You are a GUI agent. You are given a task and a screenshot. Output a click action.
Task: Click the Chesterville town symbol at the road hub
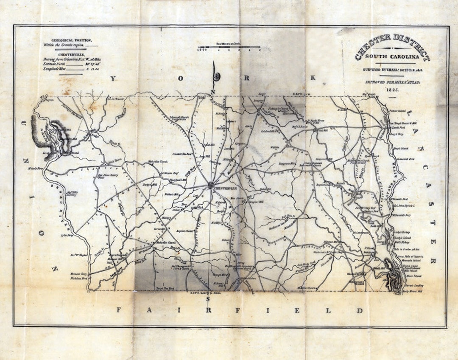tap(211, 185)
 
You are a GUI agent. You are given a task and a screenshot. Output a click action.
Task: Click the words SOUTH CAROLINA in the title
tap(392, 57)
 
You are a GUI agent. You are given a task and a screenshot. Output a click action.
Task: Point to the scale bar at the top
tap(229, 47)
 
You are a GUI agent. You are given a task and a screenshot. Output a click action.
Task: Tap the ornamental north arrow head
tap(218, 77)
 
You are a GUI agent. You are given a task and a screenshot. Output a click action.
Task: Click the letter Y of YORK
tap(113, 78)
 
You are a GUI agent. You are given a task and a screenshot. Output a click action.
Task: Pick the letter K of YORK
tap(313, 78)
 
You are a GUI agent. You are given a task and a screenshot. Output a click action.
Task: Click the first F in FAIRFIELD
tap(119, 310)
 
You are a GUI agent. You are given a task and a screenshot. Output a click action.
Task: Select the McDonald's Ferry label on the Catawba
tap(402, 215)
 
